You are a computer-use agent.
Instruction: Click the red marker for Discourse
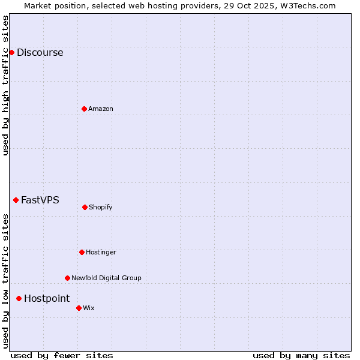click(11, 52)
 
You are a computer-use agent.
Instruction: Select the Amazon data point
click(84, 109)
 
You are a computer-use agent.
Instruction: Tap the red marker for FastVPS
click(16, 200)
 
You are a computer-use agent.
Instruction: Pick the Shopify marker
click(85, 207)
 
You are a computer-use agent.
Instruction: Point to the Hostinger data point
click(82, 252)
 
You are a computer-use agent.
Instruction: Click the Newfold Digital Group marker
click(67, 278)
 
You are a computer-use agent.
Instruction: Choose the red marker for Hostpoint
click(19, 298)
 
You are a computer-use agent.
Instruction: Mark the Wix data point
click(79, 308)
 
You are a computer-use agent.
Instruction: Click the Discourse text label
click(40, 52)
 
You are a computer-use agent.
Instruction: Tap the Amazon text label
click(101, 109)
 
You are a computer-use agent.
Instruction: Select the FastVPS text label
click(40, 200)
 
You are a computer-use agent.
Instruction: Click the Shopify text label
click(101, 207)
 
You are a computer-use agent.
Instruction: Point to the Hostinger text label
click(101, 252)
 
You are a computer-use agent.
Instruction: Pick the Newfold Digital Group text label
click(106, 278)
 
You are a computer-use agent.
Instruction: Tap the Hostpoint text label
click(47, 298)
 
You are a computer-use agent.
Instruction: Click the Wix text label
click(89, 308)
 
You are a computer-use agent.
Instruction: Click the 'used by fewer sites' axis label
click(62, 355)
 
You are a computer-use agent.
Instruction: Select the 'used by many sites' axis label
click(301, 355)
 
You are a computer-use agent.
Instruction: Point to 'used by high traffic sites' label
click(5, 85)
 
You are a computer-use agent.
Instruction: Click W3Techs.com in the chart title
click(305, 5)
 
